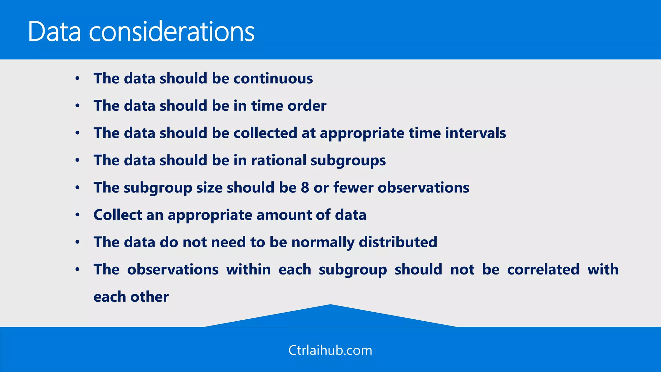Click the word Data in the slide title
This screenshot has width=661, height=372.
(54, 31)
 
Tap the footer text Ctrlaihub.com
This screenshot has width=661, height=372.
(330, 350)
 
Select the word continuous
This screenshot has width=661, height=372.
(273, 78)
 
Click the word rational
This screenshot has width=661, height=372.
(279, 160)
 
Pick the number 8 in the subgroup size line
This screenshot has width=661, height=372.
(305, 188)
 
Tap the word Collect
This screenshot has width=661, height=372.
(117, 215)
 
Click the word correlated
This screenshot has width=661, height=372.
(543, 270)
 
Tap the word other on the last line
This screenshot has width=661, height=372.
(149, 297)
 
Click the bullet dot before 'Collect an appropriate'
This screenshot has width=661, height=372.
(77, 215)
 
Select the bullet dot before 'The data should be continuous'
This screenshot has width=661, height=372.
(77, 78)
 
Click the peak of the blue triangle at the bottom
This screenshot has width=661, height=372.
(330, 305)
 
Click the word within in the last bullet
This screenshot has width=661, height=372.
(248, 270)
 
